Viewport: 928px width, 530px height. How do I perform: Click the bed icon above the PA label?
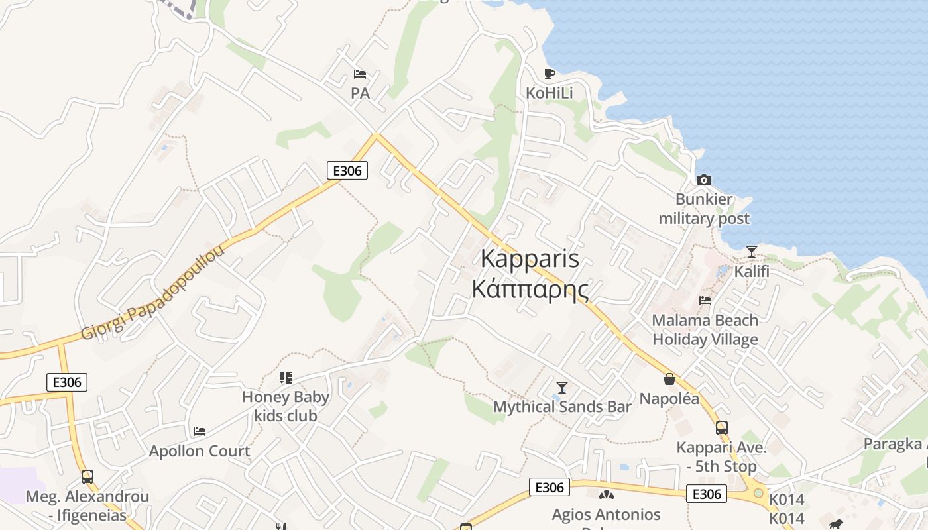tap(360, 74)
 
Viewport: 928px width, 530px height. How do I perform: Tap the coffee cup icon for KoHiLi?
tap(549, 74)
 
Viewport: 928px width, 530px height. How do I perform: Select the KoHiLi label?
tap(549, 93)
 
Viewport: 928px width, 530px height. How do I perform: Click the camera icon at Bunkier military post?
tap(704, 180)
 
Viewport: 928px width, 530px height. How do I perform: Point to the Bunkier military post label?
tap(704, 209)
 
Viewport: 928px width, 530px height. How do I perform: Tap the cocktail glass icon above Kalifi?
tap(751, 252)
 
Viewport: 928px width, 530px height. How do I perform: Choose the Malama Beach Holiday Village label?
tap(705, 330)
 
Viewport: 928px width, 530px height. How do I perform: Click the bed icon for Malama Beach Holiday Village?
tap(705, 300)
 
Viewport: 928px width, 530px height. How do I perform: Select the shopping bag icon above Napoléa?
tap(669, 379)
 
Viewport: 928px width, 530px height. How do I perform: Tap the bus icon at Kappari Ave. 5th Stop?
tap(722, 428)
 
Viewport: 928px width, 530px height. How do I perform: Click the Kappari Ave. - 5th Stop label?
tap(722, 457)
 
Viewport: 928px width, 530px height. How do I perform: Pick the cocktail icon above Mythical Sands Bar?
tap(562, 387)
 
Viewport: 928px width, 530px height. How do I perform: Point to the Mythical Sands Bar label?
tap(562, 407)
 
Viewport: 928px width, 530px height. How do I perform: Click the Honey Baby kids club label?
tap(286, 407)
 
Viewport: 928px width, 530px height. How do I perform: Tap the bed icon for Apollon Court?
tap(200, 431)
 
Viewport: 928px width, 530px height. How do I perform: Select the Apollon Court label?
tap(200, 451)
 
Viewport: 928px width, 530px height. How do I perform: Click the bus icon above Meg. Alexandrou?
tap(87, 476)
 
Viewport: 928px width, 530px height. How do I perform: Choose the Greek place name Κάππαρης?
tap(530, 290)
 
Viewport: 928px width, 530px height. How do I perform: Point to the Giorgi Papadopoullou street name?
tap(152, 292)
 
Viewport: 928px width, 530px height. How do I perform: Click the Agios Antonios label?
tap(607, 515)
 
